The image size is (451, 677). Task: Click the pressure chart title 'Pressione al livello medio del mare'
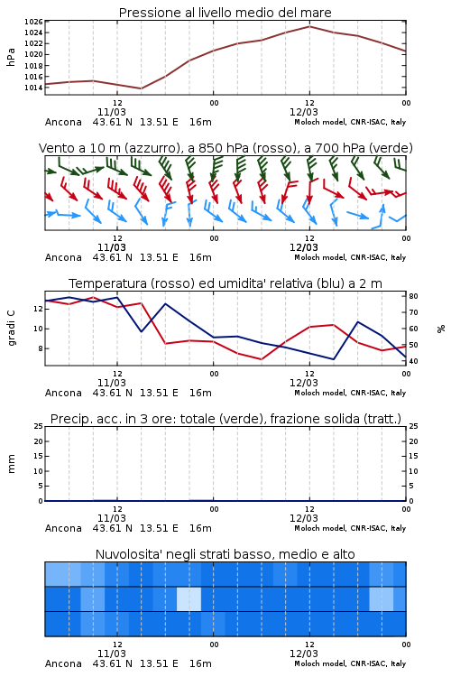click(x=225, y=13)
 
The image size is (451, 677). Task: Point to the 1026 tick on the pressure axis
click(x=33, y=22)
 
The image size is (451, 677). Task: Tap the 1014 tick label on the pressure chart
click(x=33, y=88)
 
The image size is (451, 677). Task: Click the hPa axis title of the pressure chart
click(x=11, y=57)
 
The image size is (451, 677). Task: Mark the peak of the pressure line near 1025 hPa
click(x=309, y=26)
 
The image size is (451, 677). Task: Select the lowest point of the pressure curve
click(x=141, y=88)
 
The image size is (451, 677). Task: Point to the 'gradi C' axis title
click(x=11, y=328)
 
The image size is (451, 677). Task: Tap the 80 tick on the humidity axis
click(x=413, y=296)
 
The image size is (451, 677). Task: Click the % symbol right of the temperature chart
click(x=441, y=329)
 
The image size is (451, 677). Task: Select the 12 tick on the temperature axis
click(x=38, y=309)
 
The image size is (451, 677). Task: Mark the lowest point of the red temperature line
click(x=261, y=359)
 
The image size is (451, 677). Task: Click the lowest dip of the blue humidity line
click(x=334, y=359)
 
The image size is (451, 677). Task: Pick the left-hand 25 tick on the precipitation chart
click(x=38, y=426)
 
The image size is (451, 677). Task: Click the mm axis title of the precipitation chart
click(x=11, y=464)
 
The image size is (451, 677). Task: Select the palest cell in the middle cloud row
click(x=189, y=598)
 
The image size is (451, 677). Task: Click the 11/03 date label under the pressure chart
click(x=112, y=112)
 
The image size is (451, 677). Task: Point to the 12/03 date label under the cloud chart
click(x=304, y=654)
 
